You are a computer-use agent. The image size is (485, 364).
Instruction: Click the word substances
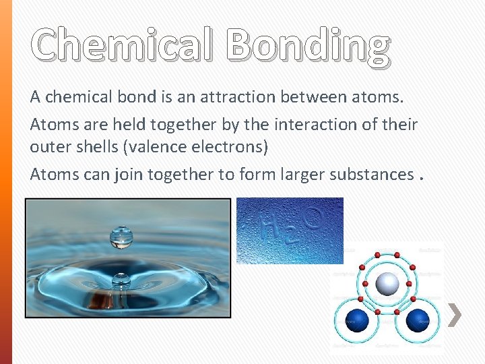point(371,174)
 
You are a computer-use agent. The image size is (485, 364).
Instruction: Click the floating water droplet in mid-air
point(121,237)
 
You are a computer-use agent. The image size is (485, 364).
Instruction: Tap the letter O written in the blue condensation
point(312,217)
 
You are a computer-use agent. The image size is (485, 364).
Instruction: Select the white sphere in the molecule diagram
point(387,284)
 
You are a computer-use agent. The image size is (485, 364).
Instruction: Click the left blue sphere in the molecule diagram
point(356,319)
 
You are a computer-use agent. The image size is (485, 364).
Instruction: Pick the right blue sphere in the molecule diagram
point(418,319)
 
